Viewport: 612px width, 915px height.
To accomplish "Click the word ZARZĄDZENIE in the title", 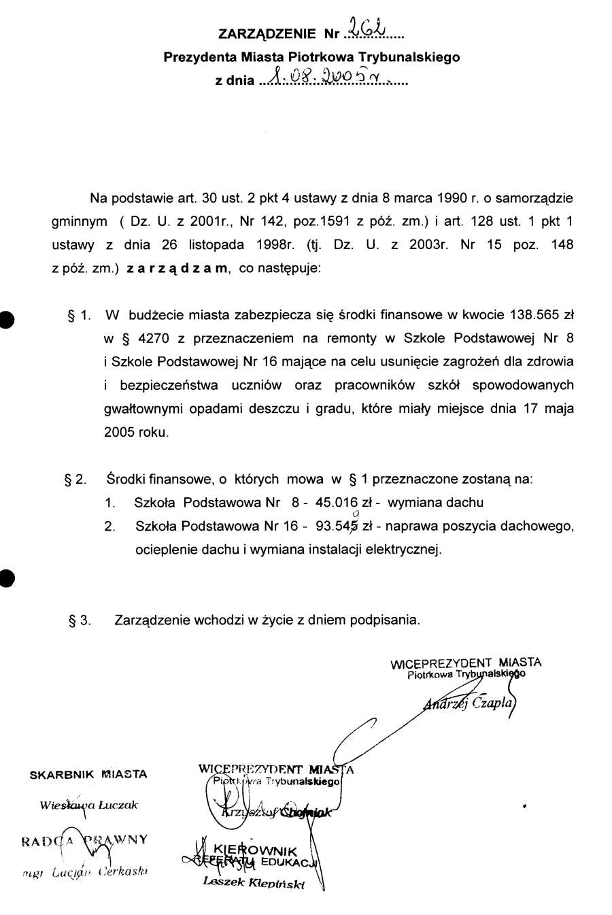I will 267,33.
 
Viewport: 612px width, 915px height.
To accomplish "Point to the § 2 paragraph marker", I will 75,480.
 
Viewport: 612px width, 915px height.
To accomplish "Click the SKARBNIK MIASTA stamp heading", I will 88,774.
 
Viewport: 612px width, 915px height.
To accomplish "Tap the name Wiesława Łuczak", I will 88,805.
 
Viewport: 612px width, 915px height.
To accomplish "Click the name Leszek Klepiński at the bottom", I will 254,883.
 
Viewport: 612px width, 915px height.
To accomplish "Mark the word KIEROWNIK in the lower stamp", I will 255,850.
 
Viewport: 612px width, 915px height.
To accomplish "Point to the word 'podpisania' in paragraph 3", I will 386,620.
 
